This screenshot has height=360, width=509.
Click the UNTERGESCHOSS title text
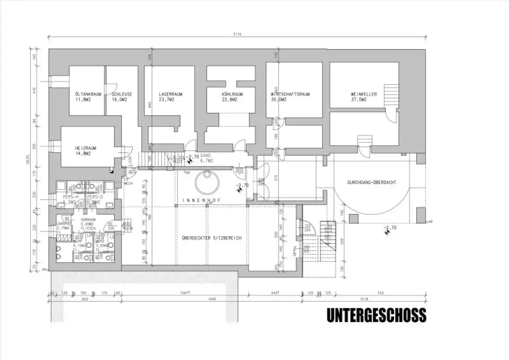[x=376, y=315]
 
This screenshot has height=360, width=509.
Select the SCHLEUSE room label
[x=121, y=93]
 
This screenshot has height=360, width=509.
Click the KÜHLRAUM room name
[x=232, y=93]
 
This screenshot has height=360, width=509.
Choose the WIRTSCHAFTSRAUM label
[x=290, y=93]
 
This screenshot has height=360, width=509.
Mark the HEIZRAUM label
[x=85, y=148]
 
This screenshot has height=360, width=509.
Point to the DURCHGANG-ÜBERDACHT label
[x=371, y=182]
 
